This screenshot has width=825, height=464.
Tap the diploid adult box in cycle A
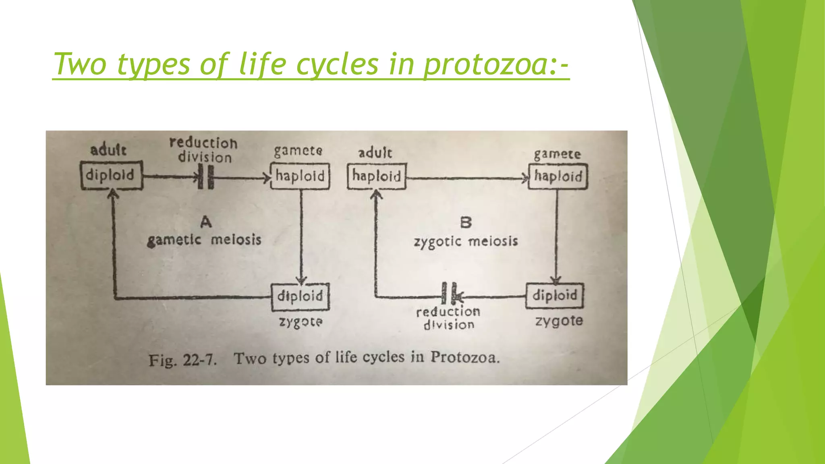[112, 176]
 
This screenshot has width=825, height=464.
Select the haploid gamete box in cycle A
[300, 176]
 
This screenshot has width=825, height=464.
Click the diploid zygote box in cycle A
[300, 297]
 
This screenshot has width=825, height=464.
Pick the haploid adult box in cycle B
[377, 176]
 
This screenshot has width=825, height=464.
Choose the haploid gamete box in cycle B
[558, 176]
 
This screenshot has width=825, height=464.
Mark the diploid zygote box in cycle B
[555, 296]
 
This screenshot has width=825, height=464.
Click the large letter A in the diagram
[206, 222]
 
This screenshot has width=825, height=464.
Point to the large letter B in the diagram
[466, 222]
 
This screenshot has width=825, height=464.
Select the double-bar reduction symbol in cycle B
[449, 293]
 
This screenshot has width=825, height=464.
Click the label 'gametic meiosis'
[204, 240]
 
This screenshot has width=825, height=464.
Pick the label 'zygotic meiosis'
[466, 242]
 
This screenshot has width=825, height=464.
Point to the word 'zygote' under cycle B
[559, 321]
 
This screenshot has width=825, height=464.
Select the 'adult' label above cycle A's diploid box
[108, 150]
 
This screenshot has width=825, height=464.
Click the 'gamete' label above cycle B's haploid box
[557, 154]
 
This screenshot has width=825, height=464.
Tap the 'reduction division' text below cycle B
[448, 318]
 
